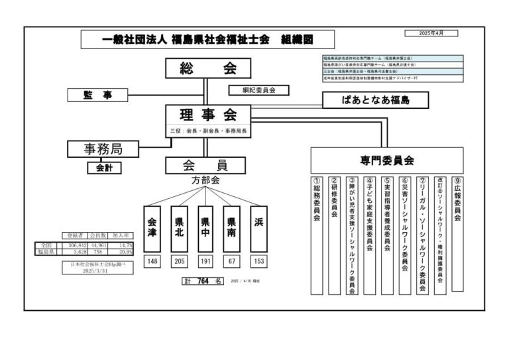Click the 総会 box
tap(207, 68)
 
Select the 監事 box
tap(97, 95)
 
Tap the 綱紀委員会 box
tap(253, 90)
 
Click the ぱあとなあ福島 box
tap(375, 100)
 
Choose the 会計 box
tap(104, 168)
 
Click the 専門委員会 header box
tap(387, 160)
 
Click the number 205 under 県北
tap(179, 261)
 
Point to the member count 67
tap(231, 261)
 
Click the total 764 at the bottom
tap(203, 281)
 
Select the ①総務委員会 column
tap(317, 235)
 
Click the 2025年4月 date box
tap(434, 32)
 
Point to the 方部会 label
tap(205, 180)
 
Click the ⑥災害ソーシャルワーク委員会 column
tap(405, 235)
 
